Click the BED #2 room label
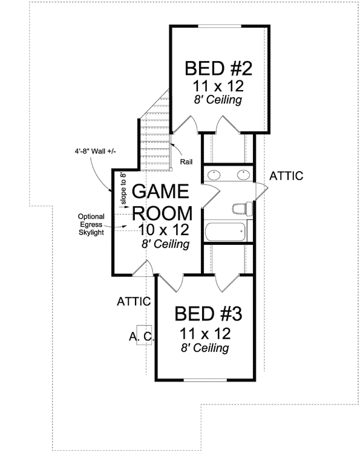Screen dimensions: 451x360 pyautogui.click(x=218, y=67)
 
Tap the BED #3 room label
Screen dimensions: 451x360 pyautogui.click(x=208, y=314)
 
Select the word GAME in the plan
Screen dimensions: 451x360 pyautogui.click(x=161, y=192)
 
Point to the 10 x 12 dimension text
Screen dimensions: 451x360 pyautogui.click(x=163, y=230)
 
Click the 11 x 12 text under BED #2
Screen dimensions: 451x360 pyautogui.click(x=218, y=85)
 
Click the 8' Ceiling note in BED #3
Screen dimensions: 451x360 pyautogui.click(x=205, y=348)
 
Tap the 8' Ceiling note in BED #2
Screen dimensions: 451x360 pyautogui.click(x=218, y=100)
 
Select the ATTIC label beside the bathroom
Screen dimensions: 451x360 pyautogui.click(x=286, y=176)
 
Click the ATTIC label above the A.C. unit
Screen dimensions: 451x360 pyautogui.click(x=133, y=300)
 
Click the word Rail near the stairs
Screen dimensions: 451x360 pyautogui.click(x=186, y=162)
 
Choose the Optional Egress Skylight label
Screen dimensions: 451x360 pyautogui.click(x=91, y=224)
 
